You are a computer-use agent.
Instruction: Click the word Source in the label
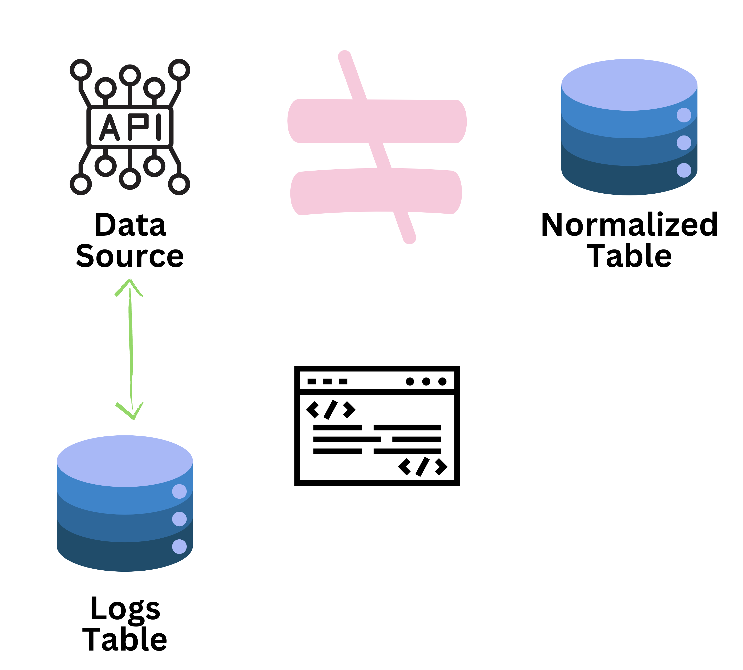(x=129, y=256)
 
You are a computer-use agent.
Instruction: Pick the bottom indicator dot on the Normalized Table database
(x=684, y=170)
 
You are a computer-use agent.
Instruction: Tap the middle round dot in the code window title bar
(x=426, y=381)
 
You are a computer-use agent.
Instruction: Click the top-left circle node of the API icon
(x=81, y=70)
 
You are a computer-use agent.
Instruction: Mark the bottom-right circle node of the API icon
(x=179, y=184)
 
